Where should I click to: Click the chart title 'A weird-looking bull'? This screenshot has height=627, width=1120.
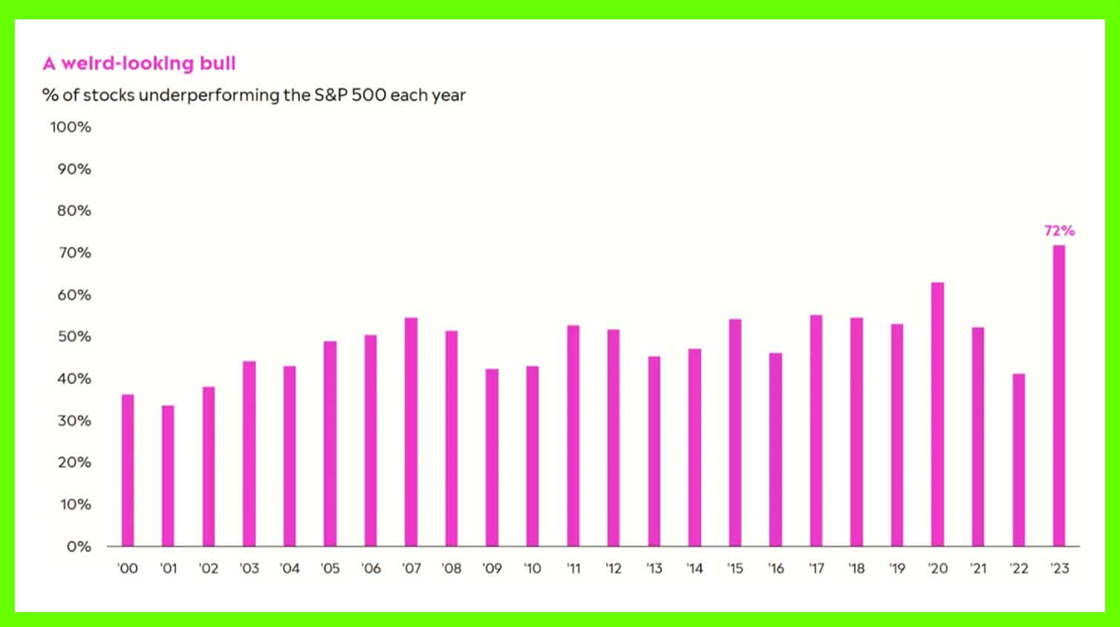139,63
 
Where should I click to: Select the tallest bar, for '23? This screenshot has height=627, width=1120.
1059,395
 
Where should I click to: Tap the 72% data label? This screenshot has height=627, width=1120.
1059,230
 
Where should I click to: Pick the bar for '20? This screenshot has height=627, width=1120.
937,414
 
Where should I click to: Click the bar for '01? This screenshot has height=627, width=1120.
168,475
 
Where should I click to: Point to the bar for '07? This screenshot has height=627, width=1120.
411,432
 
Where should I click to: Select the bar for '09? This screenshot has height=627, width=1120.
492,458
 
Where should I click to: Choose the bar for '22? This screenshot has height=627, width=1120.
1018,460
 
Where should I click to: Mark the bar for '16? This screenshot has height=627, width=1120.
775,449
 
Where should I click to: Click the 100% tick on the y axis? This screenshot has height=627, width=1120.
71,127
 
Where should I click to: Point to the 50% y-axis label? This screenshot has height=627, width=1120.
74,337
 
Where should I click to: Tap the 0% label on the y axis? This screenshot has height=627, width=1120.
79,547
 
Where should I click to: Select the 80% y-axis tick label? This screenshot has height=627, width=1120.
74,210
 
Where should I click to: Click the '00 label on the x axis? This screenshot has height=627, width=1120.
128,568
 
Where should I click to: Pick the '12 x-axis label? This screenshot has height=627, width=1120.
613,568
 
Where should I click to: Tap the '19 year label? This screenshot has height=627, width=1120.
897,568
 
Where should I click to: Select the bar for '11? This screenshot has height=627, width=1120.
573,436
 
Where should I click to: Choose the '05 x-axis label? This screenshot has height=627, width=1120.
330,568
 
